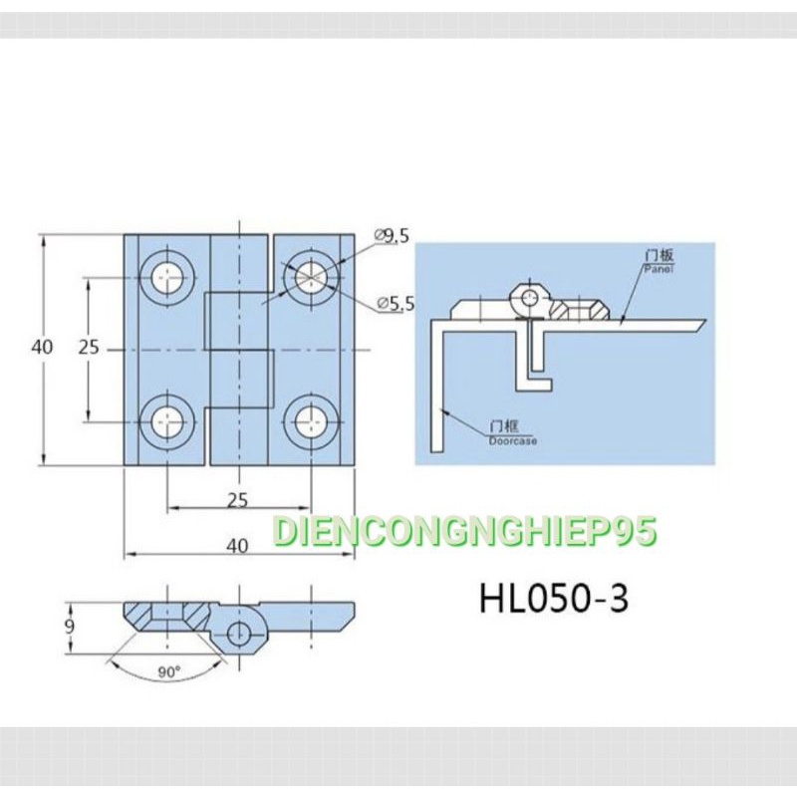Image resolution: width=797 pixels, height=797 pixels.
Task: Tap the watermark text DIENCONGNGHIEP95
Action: pyautogui.click(x=464, y=532)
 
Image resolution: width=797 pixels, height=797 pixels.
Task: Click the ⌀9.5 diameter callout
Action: pyautogui.click(x=392, y=235)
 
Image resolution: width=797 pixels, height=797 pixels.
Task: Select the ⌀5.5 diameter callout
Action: pyautogui.click(x=396, y=304)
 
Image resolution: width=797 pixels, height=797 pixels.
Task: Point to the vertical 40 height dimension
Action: pyautogui.click(x=41, y=348)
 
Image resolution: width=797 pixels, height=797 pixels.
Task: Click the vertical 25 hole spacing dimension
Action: pyautogui.click(x=89, y=348)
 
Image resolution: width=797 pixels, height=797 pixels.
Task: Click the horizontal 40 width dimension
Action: pyautogui.click(x=238, y=546)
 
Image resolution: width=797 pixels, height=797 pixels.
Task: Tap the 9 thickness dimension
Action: pyautogui.click(x=68, y=627)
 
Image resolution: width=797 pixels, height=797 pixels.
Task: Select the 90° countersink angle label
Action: pyautogui.click(x=169, y=672)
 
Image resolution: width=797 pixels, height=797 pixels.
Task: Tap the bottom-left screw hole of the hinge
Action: pyautogui.click(x=166, y=421)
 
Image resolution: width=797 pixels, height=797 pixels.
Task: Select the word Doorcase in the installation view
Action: pyautogui.click(x=512, y=439)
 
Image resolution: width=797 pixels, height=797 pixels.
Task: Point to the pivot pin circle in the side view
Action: pyautogui.click(x=239, y=631)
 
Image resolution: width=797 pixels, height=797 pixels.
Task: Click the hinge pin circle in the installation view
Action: pyautogui.click(x=531, y=296)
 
